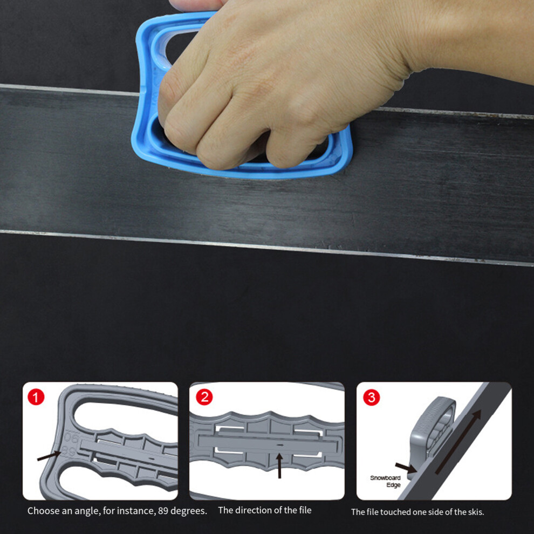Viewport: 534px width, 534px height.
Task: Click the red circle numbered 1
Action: coord(36,397)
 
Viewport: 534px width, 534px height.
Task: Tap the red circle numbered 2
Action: coord(204,397)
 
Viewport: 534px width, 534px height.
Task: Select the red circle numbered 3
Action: coord(372,397)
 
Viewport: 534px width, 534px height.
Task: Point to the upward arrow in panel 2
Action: coord(279,465)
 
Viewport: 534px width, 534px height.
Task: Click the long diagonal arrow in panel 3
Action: coord(458,442)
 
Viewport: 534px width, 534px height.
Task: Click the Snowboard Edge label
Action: coord(386,481)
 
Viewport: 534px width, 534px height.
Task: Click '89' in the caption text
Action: coord(163,511)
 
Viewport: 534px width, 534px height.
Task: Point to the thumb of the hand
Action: coord(194,4)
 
